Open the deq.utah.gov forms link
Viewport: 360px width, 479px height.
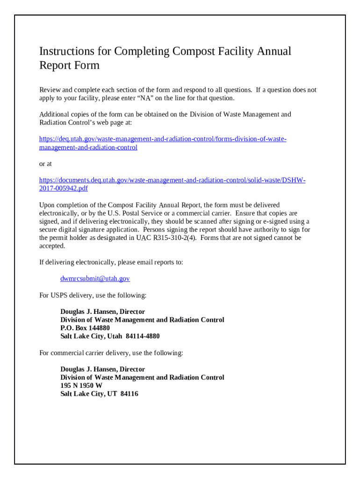click(x=162, y=139)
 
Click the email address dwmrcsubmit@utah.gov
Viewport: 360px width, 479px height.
click(x=95, y=279)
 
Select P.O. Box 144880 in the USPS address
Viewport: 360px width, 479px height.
click(x=85, y=328)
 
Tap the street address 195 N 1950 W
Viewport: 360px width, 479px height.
click(x=81, y=386)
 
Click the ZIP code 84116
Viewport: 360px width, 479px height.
click(x=129, y=394)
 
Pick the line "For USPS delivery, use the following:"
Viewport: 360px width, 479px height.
click(x=93, y=296)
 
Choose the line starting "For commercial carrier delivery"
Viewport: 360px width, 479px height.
click(x=111, y=353)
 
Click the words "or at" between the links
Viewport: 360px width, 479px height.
click(x=46, y=164)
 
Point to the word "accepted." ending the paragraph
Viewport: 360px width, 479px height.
click(x=52, y=246)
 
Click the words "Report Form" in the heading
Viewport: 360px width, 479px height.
click(x=69, y=65)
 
